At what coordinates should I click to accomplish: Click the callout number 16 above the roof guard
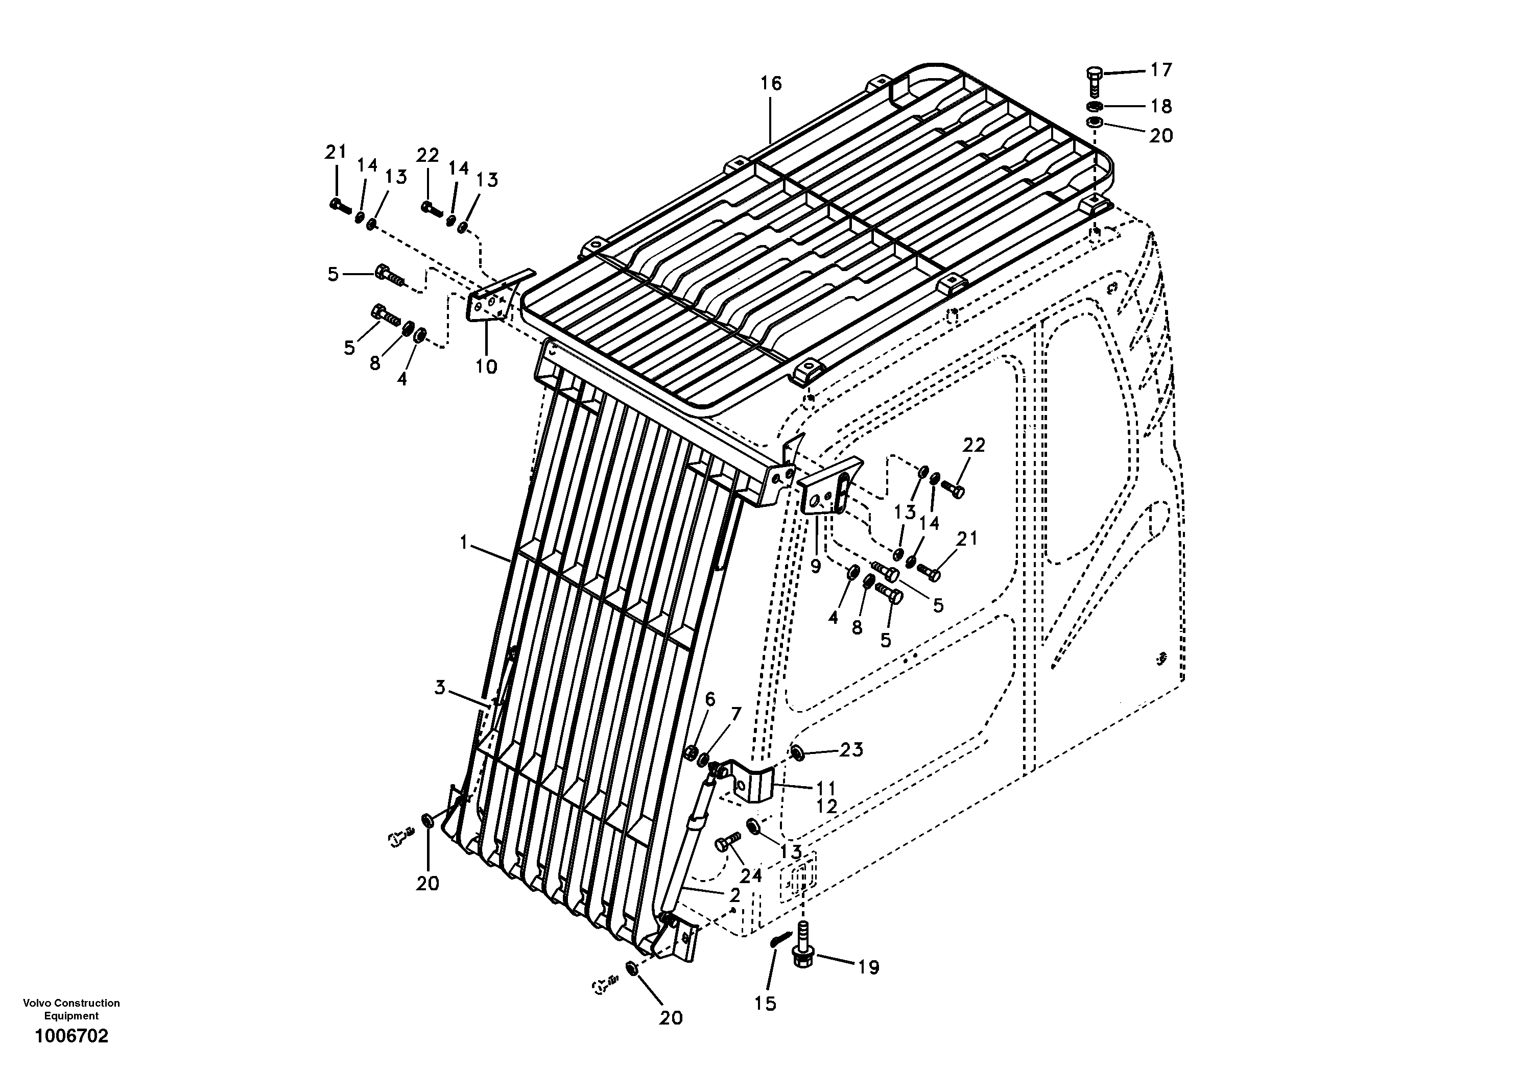(771, 84)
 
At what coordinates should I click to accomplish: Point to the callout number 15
(765, 1004)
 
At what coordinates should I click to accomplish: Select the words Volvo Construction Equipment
(72, 1009)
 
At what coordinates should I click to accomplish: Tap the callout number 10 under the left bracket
(487, 366)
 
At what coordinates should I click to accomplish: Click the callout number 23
(851, 750)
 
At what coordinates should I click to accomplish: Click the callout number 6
(709, 699)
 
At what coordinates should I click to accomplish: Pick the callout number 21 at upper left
(336, 152)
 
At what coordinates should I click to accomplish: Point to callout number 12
(827, 807)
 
